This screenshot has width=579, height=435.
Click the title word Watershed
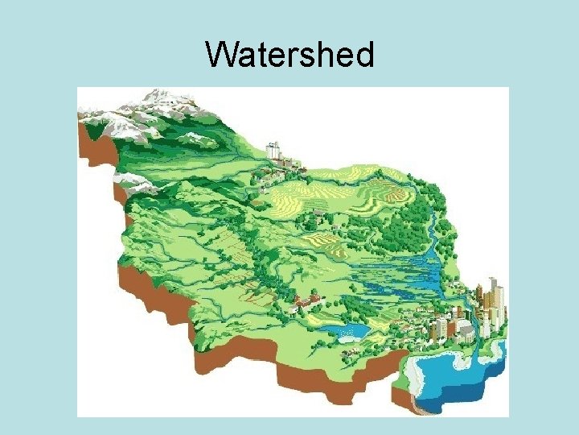pyautogui.click(x=289, y=56)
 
